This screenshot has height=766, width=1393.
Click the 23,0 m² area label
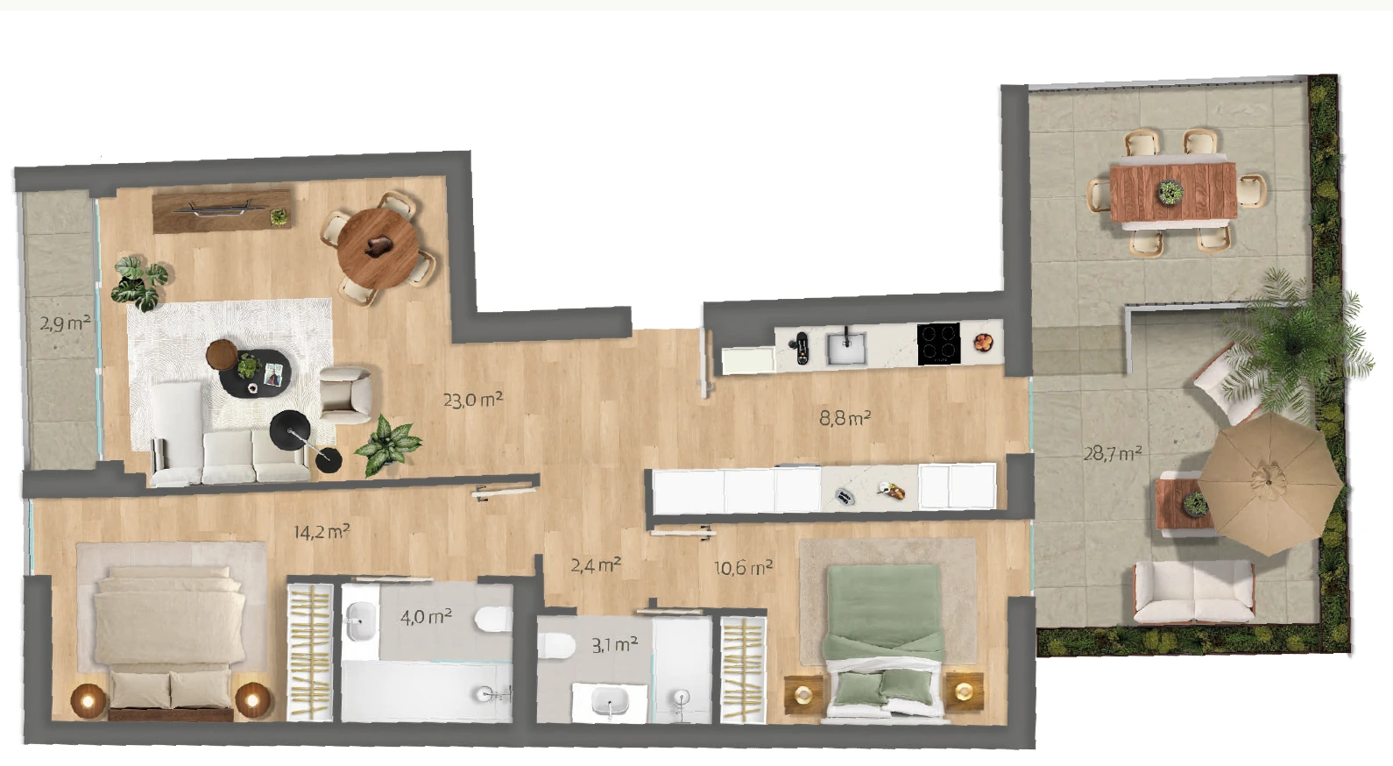click(x=472, y=400)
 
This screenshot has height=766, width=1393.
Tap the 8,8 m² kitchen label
click(x=845, y=417)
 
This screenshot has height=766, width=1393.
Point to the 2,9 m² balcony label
click(x=66, y=323)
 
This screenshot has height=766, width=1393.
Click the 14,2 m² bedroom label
click(x=322, y=531)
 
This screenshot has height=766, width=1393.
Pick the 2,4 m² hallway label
click(x=596, y=565)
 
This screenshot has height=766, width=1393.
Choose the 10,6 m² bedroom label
click(x=743, y=568)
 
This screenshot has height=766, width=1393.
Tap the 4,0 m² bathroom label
click(x=426, y=617)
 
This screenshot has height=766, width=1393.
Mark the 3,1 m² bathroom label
click(x=614, y=645)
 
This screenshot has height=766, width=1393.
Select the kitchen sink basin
click(x=845, y=349)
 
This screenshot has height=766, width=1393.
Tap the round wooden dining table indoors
click(x=378, y=248)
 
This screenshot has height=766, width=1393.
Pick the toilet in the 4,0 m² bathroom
click(x=494, y=619)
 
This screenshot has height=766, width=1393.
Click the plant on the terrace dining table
click(x=1170, y=192)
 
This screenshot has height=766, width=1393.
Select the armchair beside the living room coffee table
click(x=346, y=394)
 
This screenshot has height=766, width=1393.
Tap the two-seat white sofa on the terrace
click(x=1193, y=592)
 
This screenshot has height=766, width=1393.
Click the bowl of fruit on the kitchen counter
click(x=983, y=342)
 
